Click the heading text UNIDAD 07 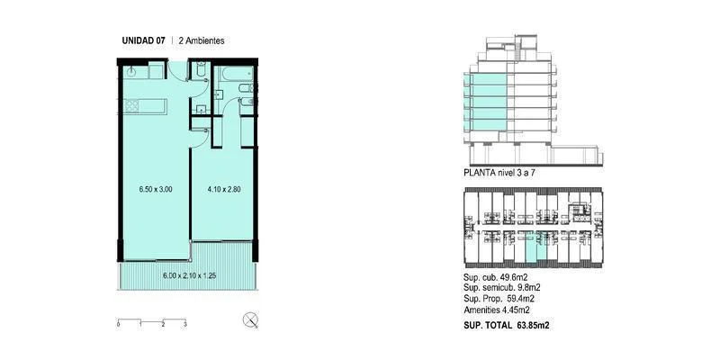click(x=143, y=40)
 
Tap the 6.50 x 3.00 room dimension click(x=156, y=189)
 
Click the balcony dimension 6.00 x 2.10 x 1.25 click(x=190, y=276)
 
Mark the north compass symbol click(x=250, y=319)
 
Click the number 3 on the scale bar click(x=185, y=325)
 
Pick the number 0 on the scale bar click(x=119, y=325)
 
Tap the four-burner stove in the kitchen click(x=131, y=105)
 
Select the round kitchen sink click(x=131, y=71)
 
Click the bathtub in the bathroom click(x=236, y=74)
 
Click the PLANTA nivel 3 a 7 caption click(x=499, y=173)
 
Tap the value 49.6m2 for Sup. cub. click(x=517, y=278)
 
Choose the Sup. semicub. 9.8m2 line click(x=502, y=288)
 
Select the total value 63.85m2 click(x=533, y=325)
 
